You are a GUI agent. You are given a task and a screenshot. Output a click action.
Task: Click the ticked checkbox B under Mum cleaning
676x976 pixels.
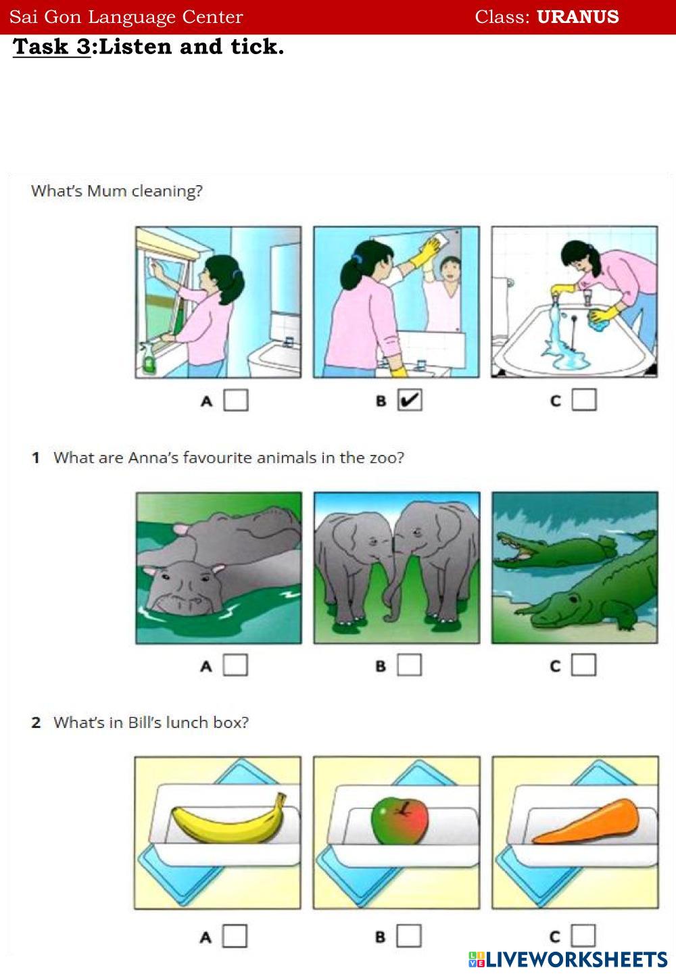tap(410, 400)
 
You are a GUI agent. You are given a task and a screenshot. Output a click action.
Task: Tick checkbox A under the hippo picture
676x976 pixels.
tap(235, 665)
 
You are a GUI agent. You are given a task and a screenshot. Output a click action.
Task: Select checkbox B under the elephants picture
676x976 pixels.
tap(409, 665)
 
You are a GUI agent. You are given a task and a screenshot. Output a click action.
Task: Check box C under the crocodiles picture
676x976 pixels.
tap(583, 665)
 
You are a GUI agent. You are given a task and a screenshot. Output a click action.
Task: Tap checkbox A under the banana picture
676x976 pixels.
tap(235, 936)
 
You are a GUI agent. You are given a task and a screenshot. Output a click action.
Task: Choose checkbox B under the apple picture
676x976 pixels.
tap(409, 936)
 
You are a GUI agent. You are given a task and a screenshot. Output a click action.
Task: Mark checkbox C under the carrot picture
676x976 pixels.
tap(583, 936)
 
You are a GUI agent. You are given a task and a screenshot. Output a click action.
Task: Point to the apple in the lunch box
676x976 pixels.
tap(400, 821)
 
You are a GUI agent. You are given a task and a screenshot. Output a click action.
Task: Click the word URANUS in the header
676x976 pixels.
tap(577, 16)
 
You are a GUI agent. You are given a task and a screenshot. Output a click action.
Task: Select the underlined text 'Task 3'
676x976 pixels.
tap(51, 47)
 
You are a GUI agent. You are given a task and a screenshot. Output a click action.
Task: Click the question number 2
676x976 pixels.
tap(36, 723)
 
